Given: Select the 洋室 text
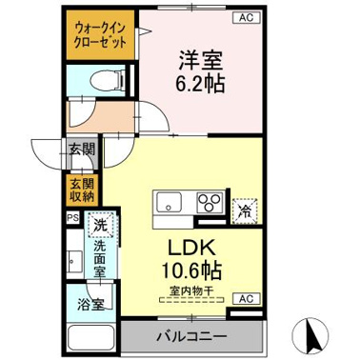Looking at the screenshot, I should coord(200,58).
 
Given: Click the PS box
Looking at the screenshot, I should coord(70,217).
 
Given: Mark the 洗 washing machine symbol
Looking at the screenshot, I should coord(98,228).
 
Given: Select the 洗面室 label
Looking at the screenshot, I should coord(99,258).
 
